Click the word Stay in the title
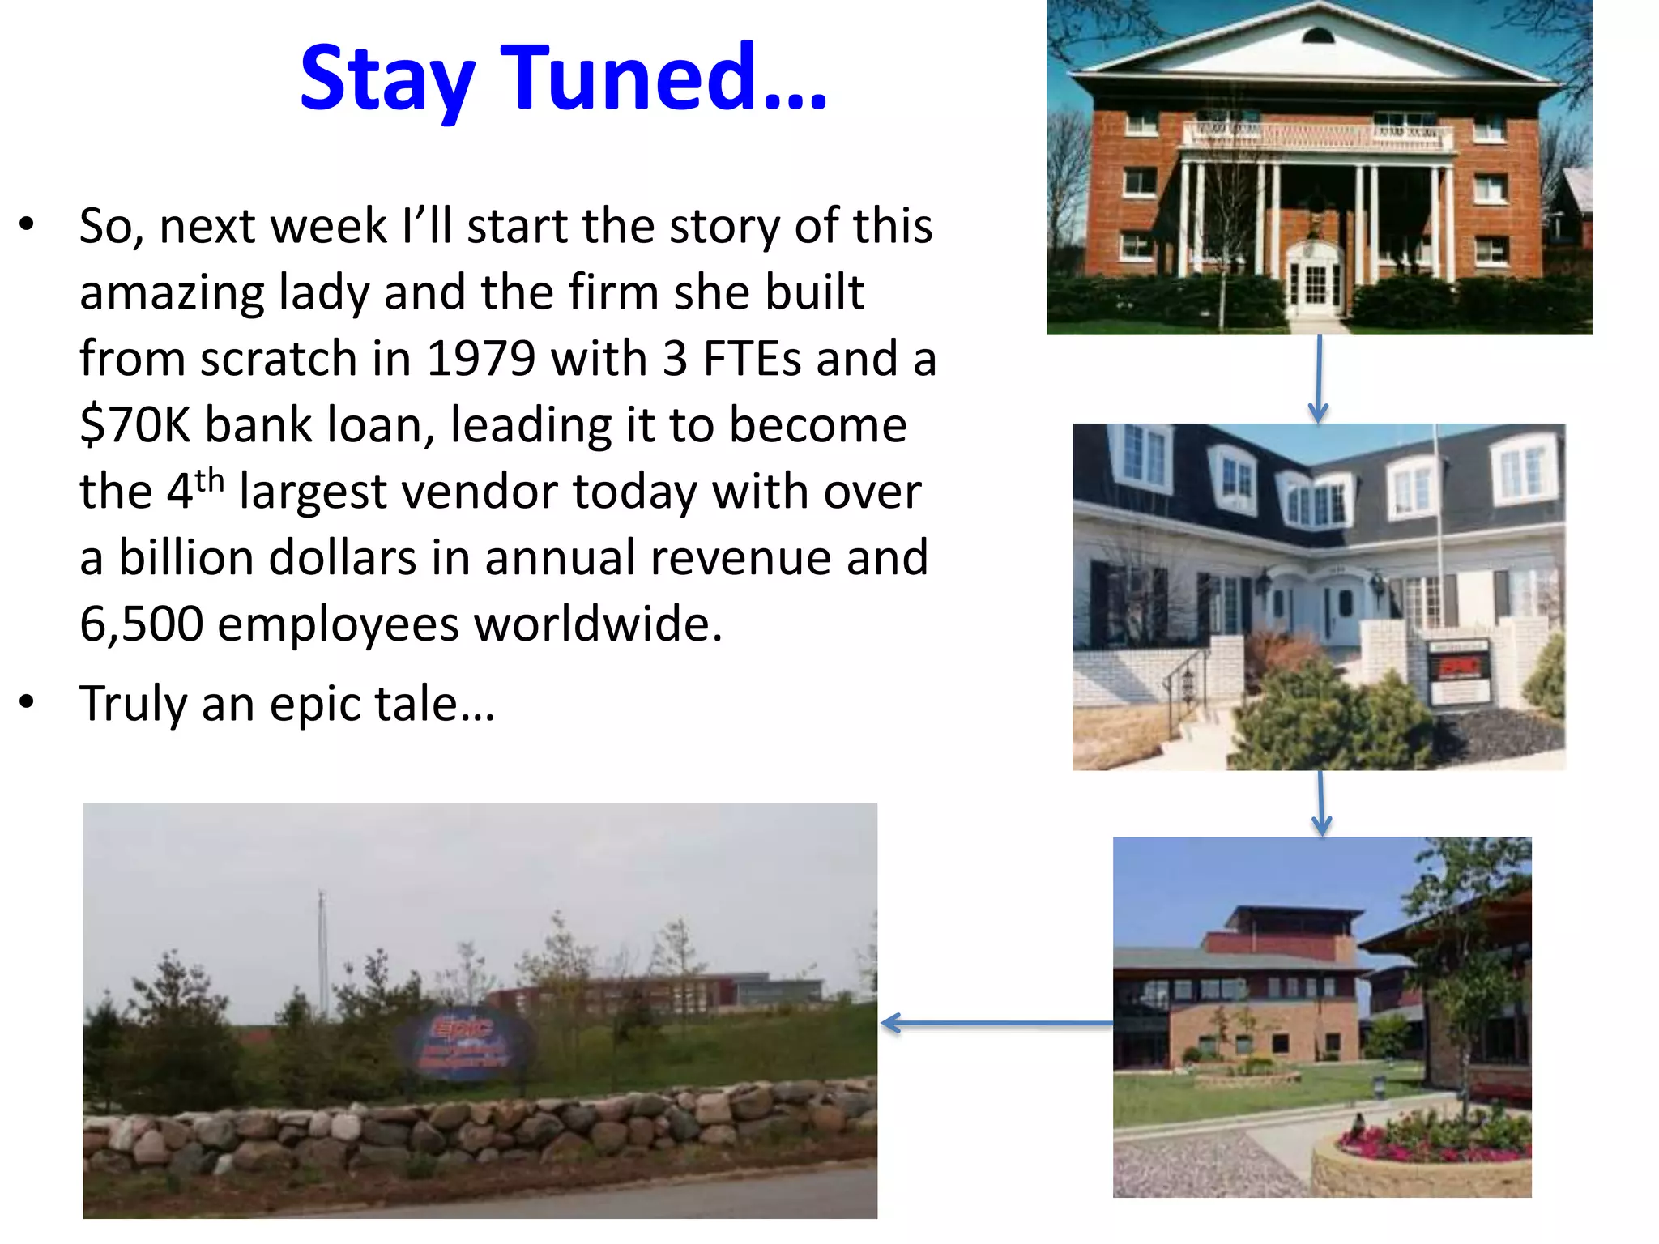(x=386, y=79)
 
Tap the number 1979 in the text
(x=480, y=359)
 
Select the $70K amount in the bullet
(x=134, y=425)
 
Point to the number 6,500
(x=141, y=624)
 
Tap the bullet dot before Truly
(x=28, y=702)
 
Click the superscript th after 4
(x=209, y=481)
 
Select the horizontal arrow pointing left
(x=996, y=1024)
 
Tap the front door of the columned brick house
(x=1316, y=285)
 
